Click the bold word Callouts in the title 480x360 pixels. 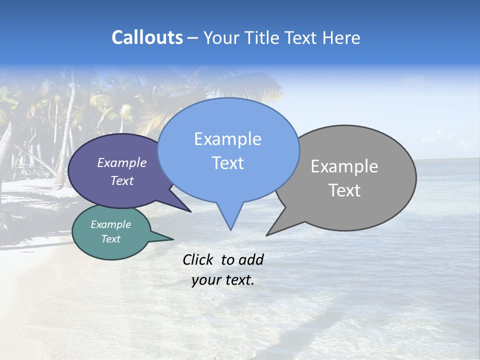(147, 37)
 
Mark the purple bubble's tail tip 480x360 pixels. (190, 211)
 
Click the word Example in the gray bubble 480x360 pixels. (344, 166)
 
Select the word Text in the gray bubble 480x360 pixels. (344, 190)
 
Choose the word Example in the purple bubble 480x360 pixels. (122, 162)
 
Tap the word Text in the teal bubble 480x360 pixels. (110, 239)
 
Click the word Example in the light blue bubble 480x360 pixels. (227, 139)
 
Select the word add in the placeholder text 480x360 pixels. (251, 259)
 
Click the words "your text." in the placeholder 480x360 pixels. (223, 280)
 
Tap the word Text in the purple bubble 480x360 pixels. (122, 180)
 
